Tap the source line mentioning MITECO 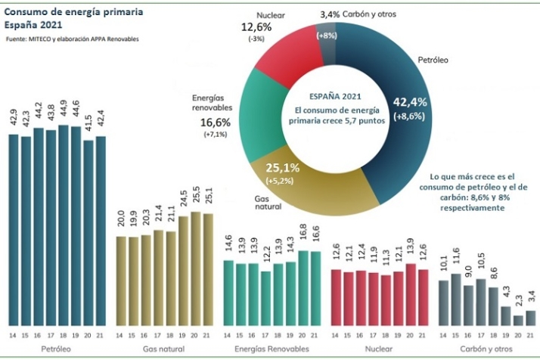tap(72, 39)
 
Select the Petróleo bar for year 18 tap(64, 227)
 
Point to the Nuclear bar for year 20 tap(411, 294)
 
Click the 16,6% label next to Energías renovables tap(216, 121)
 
